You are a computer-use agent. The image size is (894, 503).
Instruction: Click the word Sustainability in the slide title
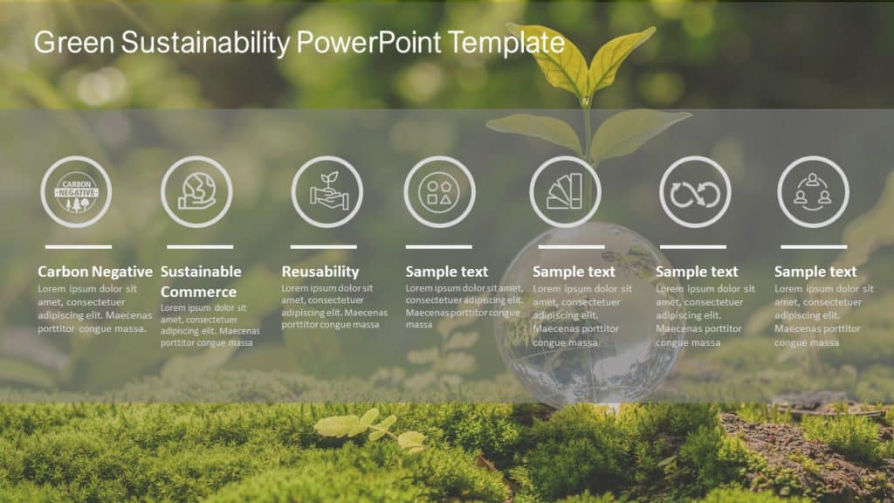click(x=206, y=42)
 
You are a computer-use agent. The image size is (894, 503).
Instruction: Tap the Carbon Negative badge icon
click(x=76, y=191)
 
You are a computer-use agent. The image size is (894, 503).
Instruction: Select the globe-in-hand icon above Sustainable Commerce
click(x=196, y=191)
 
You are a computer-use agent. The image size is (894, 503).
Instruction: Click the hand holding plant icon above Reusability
click(x=327, y=191)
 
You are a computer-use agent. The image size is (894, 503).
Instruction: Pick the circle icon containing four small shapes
click(x=439, y=191)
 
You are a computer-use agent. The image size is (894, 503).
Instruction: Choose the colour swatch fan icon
click(x=565, y=191)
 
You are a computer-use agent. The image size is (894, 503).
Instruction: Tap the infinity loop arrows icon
click(x=695, y=191)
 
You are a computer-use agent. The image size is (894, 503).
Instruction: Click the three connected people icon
click(x=813, y=191)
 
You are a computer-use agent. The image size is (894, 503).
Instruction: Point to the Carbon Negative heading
click(x=94, y=272)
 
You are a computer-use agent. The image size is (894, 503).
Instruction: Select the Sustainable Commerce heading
click(x=201, y=281)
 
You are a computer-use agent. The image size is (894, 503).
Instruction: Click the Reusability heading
click(x=320, y=272)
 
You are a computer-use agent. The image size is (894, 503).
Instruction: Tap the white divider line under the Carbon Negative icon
click(x=79, y=247)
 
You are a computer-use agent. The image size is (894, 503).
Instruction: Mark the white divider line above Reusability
click(x=324, y=247)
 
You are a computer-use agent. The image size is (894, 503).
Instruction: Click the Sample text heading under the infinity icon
click(x=697, y=272)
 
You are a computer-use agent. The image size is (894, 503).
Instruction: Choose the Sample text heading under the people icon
click(x=815, y=272)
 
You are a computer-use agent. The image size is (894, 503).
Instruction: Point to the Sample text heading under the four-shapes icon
click(x=447, y=272)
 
